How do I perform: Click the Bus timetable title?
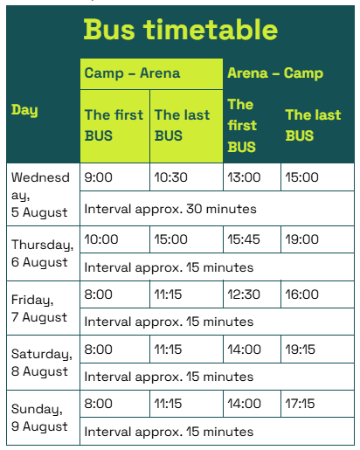(181, 30)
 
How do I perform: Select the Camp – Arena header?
(132, 73)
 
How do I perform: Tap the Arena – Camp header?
(275, 73)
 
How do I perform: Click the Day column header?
(24, 110)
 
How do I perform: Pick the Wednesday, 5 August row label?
(40, 195)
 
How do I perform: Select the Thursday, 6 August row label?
(42, 253)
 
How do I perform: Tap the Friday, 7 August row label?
(39, 308)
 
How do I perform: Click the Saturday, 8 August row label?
(42, 363)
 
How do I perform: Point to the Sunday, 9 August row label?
(39, 418)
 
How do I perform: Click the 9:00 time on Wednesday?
(98, 177)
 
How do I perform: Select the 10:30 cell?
(170, 177)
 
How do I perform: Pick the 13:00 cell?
(244, 177)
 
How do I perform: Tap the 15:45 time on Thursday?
(244, 239)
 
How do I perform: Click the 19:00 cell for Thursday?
(301, 239)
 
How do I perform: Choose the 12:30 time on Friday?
(244, 294)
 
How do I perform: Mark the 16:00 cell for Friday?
(301, 294)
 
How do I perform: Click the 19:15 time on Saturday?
(300, 350)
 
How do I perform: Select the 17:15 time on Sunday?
(300, 404)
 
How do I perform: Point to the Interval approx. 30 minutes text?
(170, 209)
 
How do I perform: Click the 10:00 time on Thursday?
(101, 239)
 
